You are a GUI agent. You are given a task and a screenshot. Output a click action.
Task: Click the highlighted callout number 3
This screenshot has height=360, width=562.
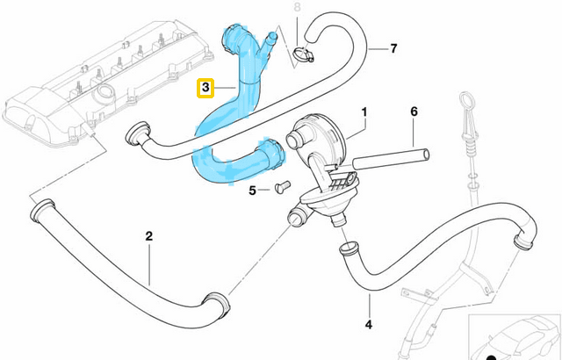[206, 89]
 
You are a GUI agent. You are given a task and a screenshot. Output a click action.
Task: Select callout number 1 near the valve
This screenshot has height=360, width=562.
[364, 112]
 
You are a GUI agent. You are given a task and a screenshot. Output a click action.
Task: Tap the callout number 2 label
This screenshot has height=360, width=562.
[148, 236]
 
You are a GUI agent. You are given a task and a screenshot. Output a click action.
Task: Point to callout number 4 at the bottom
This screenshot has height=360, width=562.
[369, 325]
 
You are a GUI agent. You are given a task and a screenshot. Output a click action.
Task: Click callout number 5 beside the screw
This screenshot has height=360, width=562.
[254, 190]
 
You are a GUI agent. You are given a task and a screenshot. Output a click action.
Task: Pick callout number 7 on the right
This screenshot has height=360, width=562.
[393, 47]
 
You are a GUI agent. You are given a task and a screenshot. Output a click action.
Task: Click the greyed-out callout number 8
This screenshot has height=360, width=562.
[297, 8]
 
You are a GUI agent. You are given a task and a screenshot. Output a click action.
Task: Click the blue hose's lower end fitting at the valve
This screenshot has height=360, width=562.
[274, 154]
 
